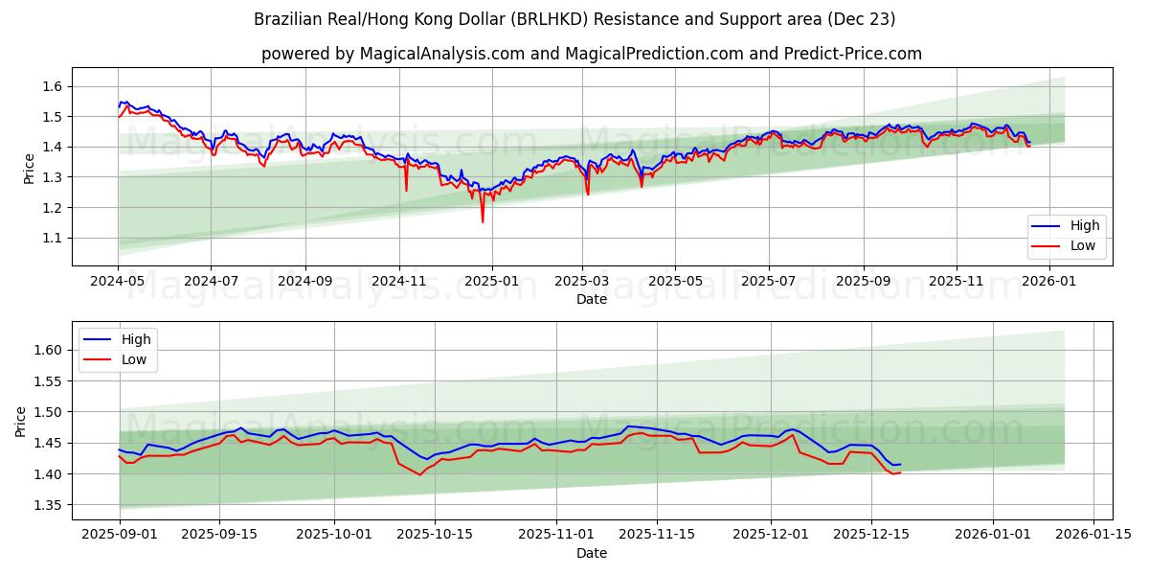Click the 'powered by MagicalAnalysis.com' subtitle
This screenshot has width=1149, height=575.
pyautogui.click(x=591, y=54)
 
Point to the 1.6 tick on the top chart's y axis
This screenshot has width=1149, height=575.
pyautogui.click(x=52, y=86)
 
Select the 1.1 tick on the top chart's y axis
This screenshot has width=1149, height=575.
pyautogui.click(x=52, y=238)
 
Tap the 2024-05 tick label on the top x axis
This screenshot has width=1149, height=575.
pyautogui.click(x=118, y=282)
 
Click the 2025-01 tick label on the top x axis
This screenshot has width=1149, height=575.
pyautogui.click(x=491, y=282)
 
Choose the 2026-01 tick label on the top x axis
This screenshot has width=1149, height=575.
pyautogui.click(x=1049, y=282)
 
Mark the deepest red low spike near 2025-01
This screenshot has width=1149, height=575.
pyautogui.click(x=483, y=222)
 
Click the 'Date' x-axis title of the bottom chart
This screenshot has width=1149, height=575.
pyautogui.click(x=591, y=553)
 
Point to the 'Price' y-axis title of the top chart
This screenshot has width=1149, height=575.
pyautogui.click(x=29, y=167)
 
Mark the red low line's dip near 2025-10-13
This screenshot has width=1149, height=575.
pyautogui.click(x=419, y=474)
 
